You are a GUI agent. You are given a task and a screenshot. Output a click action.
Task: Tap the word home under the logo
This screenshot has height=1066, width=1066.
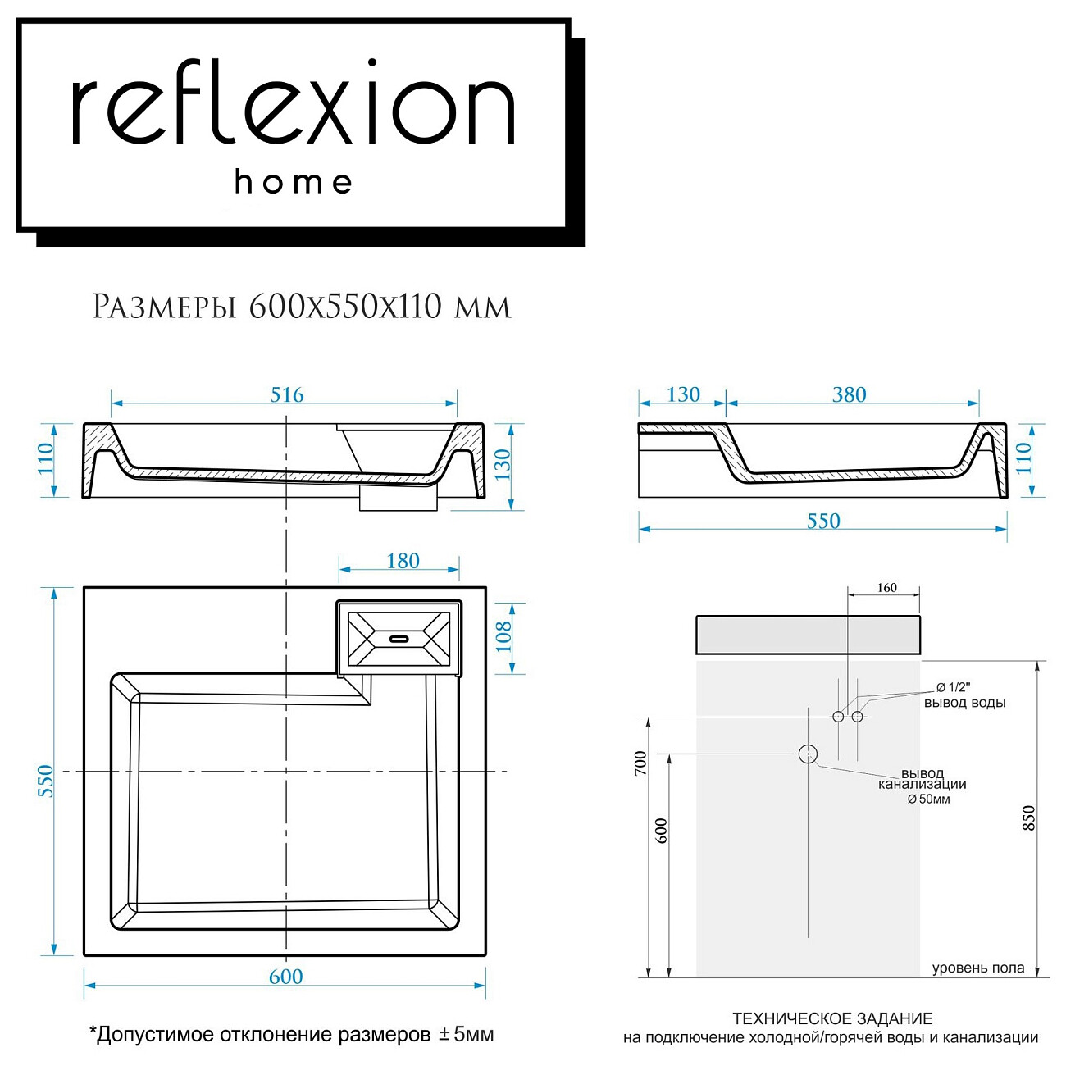coord(293,182)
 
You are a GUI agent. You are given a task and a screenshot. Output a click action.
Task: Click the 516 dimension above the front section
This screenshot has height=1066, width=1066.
coord(287,394)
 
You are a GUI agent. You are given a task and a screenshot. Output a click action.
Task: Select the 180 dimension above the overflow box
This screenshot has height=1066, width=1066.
coord(403,561)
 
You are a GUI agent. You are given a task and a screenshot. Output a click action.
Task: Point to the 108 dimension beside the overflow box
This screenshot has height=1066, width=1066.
coord(503,637)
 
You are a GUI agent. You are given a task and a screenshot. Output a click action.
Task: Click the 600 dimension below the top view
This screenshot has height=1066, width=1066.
coord(285,977)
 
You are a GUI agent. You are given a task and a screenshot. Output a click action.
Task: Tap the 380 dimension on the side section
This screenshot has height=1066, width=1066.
coord(849,394)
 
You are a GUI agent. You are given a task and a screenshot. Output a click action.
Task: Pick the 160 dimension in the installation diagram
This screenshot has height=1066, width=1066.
coord(886,588)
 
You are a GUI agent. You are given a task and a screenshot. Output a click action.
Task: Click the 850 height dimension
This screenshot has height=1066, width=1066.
coord(1029,818)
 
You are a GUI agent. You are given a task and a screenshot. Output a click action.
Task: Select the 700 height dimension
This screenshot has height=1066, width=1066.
coord(640,763)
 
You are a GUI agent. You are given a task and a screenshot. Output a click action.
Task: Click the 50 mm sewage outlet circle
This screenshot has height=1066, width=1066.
coord(809,754)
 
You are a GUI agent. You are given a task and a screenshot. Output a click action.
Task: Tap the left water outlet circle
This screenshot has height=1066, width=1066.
coord(838,717)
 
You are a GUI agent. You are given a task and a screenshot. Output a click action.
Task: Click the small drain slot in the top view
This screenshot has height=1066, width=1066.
coord(399,637)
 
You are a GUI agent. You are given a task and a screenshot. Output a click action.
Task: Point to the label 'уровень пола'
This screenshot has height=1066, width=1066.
coord(977,968)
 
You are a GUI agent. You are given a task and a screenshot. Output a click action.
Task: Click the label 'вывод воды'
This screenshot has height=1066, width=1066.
coord(964,703)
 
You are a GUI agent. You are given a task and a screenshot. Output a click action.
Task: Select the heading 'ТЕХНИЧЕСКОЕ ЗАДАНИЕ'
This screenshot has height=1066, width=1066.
coord(832,1019)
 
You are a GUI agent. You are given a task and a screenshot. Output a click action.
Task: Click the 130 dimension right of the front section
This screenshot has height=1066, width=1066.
coord(502,464)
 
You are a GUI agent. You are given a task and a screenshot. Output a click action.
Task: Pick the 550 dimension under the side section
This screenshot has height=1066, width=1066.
coord(822,521)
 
